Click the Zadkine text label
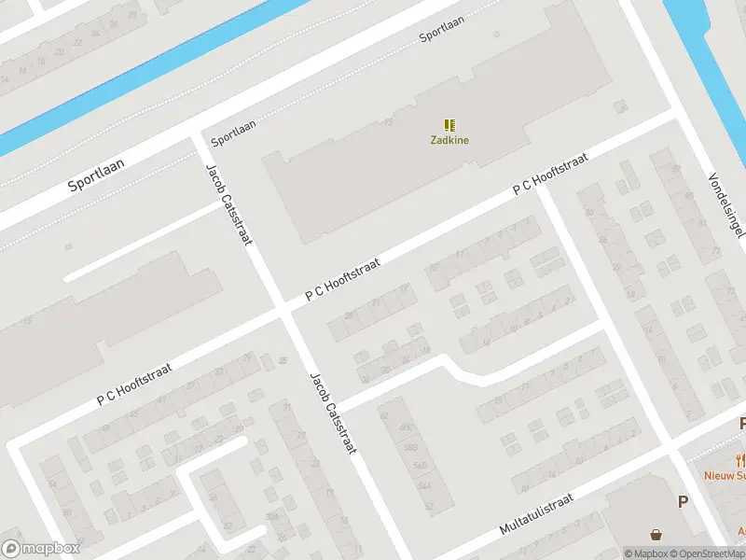(x=449, y=141)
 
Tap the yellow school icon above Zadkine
(x=449, y=125)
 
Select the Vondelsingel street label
(x=725, y=204)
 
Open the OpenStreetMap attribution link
(x=705, y=553)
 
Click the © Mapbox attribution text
(x=645, y=553)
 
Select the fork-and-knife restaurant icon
(x=741, y=459)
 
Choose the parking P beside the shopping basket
(x=683, y=502)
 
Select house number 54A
(x=425, y=485)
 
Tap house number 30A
(x=271, y=516)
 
